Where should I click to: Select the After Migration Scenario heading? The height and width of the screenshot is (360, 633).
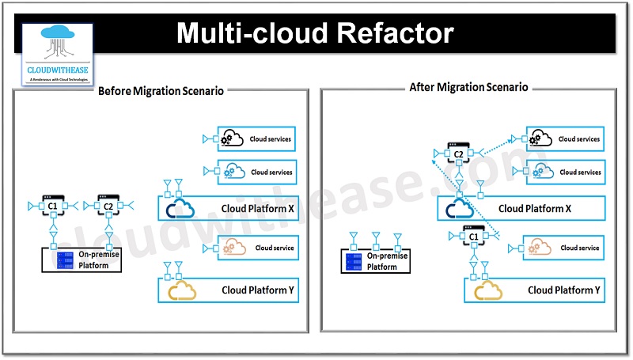pos(468,87)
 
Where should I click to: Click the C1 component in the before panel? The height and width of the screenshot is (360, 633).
pos(53,206)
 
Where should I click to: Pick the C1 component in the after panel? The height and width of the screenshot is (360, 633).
pos(474,237)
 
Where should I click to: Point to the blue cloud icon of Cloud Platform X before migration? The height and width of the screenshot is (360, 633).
pos(181,209)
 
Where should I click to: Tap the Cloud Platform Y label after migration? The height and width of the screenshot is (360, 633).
pos(564,290)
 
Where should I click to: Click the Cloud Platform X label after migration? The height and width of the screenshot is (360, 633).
pos(535,209)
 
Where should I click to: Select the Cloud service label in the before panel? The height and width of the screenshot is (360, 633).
pos(273,248)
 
